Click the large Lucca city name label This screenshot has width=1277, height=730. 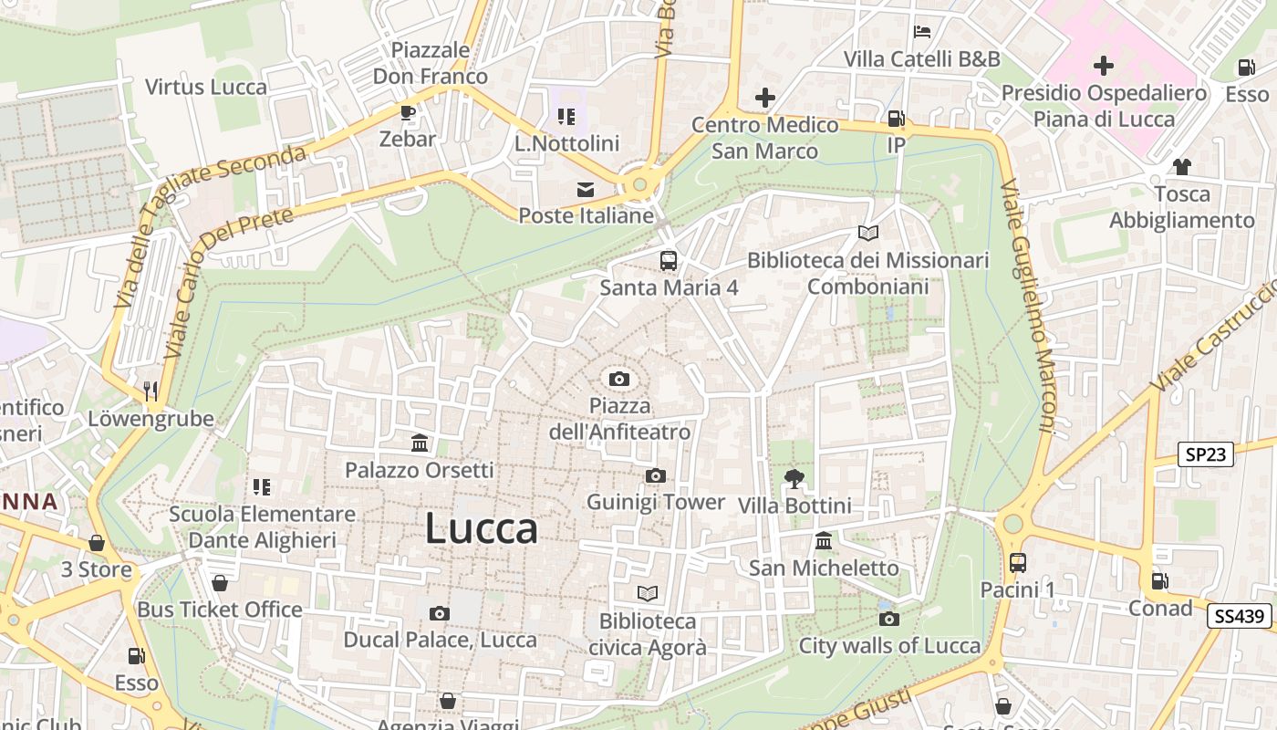tap(482, 529)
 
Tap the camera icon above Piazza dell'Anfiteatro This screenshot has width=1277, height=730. tap(619, 379)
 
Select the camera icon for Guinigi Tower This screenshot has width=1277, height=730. tap(655, 475)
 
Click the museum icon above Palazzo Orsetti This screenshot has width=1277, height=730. tap(420, 443)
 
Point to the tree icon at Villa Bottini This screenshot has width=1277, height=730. tap(794, 478)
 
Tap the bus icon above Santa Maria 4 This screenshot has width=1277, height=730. tap(669, 261)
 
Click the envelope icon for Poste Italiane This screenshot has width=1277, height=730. tap(585, 190)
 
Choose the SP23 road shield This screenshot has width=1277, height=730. tap(1206, 454)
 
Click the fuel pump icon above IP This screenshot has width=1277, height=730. tap(897, 119)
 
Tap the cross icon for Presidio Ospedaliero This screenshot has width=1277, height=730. tap(1104, 66)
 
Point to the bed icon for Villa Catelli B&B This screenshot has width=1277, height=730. tap(922, 32)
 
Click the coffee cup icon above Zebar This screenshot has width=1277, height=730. tap(407, 112)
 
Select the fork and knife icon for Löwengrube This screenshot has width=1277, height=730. tap(151, 391)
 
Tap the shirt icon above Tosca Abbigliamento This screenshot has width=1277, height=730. tap(1182, 167)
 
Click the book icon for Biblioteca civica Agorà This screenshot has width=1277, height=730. tap(648, 594)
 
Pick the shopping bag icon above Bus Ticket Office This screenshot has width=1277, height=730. tap(220, 583)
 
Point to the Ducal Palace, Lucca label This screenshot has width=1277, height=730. tap(440, 640)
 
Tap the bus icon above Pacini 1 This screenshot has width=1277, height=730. tap(1017, 563)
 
